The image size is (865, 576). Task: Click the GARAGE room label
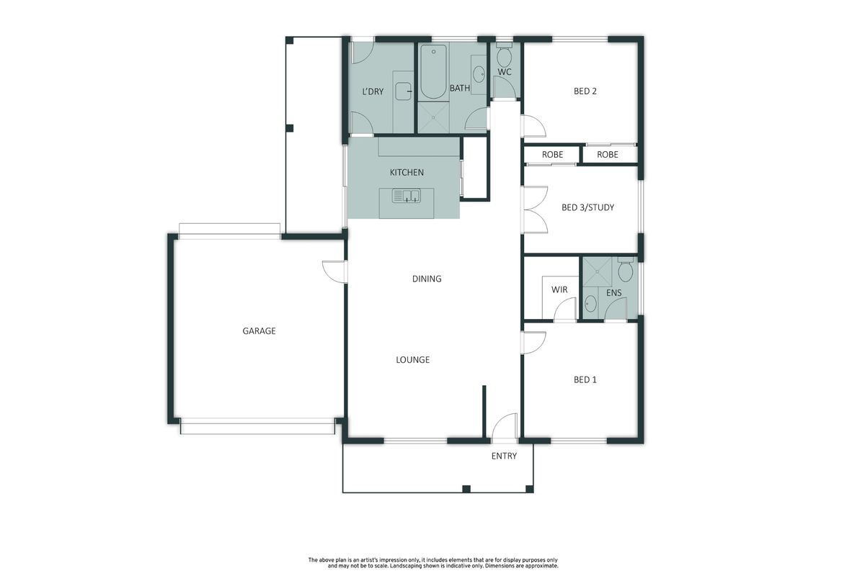click(x=259, y=331)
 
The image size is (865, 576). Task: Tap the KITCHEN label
click(x=407, y=173)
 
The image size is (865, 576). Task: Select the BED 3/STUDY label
click(x=587, y=207)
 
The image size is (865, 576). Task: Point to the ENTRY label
click(x=504, y=456)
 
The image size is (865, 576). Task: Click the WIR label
click(x=559, y=289)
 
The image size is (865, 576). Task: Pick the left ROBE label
click(x=552, y=155)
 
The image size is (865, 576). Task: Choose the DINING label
click(x=427, y=279)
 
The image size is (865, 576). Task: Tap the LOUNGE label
click(x=413, y=359)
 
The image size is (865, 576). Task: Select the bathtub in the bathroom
click(x=433, y=72)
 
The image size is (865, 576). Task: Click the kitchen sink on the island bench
click(x=407, y=196)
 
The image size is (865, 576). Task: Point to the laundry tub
click(x=404, y=91)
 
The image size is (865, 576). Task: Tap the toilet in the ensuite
click(x=625, y=269)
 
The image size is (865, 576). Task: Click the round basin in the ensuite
click(x=590, y=304)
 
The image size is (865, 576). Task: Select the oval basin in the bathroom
click(x=479, y=74)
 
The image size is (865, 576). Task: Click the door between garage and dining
click(x=334, y=272)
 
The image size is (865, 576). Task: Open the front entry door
click(x=505, y=426)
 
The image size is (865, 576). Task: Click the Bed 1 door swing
click(x=533, y=343)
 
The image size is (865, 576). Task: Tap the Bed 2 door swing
click(x=533, y=126)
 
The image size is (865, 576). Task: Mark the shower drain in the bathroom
click(x=434, y=117)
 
